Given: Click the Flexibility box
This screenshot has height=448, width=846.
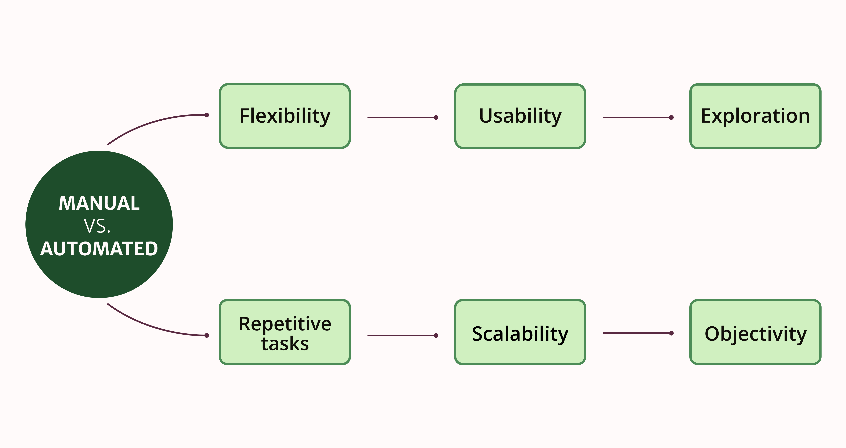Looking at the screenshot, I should pos(285,116).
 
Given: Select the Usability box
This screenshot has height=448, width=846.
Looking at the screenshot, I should pos(520,116).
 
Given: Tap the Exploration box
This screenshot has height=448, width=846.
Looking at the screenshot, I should pos(755,116).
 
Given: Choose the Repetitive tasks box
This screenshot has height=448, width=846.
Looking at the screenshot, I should pos(285,332).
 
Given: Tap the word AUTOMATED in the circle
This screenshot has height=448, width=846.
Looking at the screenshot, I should pos(99,249).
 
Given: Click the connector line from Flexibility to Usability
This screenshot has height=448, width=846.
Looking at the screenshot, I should pos(401,117).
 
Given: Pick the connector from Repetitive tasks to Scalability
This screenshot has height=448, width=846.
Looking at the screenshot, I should pos(401,335).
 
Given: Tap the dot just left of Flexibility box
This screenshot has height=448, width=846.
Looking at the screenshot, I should pos(207,115).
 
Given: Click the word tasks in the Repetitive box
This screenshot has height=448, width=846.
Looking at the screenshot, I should pos(285,344).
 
